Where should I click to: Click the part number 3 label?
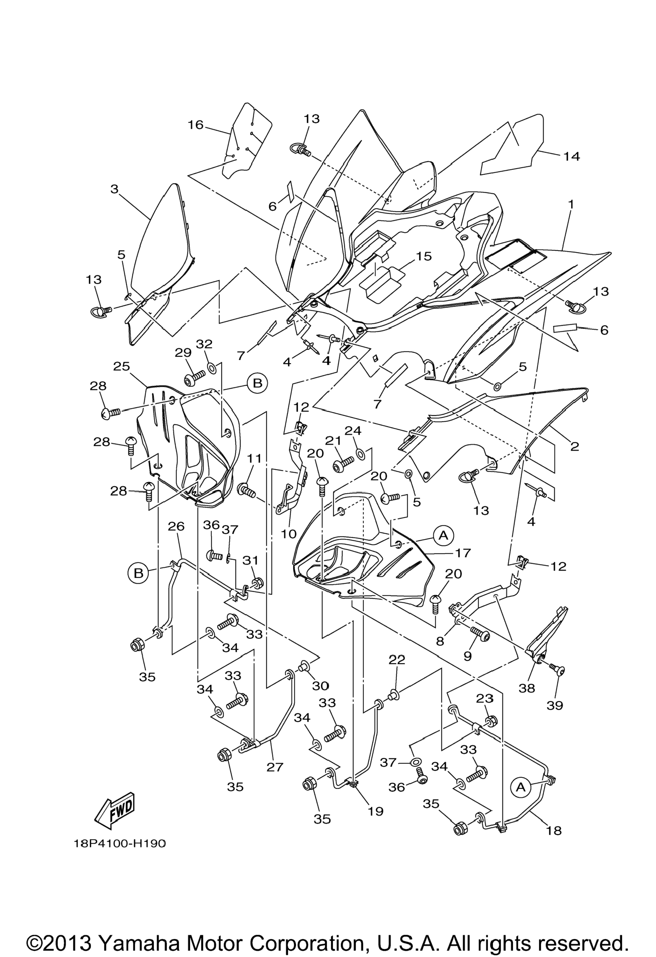(x=115, y=189)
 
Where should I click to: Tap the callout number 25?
(x=122, y=366)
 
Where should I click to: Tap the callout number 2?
(x=575, y=446)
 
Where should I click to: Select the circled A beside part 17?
(x=443, y=535)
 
